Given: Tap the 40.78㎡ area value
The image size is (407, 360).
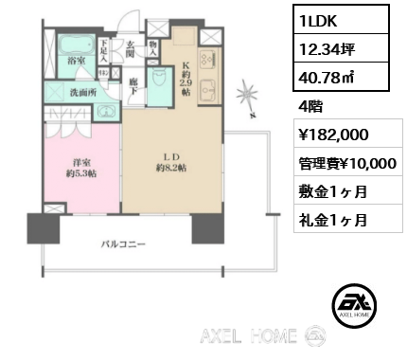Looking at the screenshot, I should pyautogui.click(x=327, y=77).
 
